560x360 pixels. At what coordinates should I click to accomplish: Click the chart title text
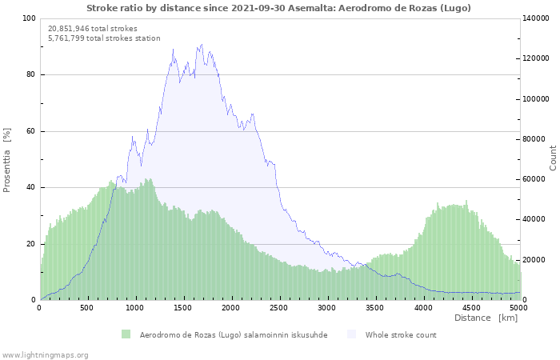click(x=278, y=8)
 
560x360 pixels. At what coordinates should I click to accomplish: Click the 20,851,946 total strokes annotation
click(x=93, y=29)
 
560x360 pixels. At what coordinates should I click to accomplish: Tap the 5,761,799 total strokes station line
click(x=104, y=38)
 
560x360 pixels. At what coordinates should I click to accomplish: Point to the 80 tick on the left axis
click(x=30, y=74)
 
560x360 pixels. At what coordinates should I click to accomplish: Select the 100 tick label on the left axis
click(x=29, y=18)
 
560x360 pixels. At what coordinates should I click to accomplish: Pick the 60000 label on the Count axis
click(x=534, y=179)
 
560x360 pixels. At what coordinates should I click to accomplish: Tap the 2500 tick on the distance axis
click(x=278, y=308)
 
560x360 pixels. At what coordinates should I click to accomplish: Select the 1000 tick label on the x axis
click(x=134, y=308)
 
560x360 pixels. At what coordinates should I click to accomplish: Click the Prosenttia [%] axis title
click(x=6, y=160)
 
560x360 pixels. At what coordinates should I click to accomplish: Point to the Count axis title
click(x=553, y=158)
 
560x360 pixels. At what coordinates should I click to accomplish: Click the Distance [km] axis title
click(x=486, y=318)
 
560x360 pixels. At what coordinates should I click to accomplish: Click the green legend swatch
click(x=126, y=334)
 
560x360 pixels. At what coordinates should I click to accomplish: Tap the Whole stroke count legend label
click(x=401, y=335)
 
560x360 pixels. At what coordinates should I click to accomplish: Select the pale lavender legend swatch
click(x=352, y=334)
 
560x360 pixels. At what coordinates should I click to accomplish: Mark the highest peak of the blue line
click(x=202, y=45)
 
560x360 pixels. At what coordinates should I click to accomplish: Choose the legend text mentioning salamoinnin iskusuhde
click(x=234, y=335)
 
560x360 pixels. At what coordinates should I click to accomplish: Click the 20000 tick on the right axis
click(x=534, y=260)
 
